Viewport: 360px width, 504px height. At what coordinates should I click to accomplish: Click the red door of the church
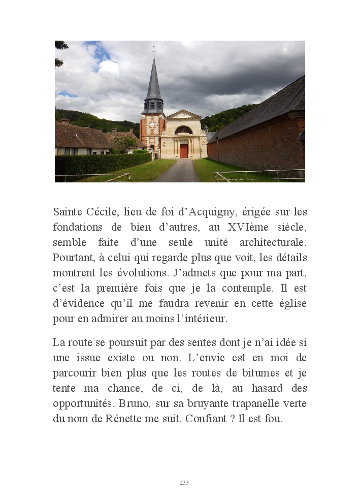(x=184, y=151)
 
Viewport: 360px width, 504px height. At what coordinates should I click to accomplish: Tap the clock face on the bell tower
(x=152, y=125)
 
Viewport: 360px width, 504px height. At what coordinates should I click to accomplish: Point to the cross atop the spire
(x=153, y=50)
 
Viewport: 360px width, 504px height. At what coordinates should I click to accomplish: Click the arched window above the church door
(x=183, y=130)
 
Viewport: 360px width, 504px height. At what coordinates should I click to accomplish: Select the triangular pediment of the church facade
(x=183, y=114)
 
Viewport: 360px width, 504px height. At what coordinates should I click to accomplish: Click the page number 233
(x=184, y=483)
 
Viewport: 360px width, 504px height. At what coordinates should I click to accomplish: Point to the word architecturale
(x=273, y=242)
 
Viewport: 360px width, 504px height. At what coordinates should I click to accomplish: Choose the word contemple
(x=247, y=288)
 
